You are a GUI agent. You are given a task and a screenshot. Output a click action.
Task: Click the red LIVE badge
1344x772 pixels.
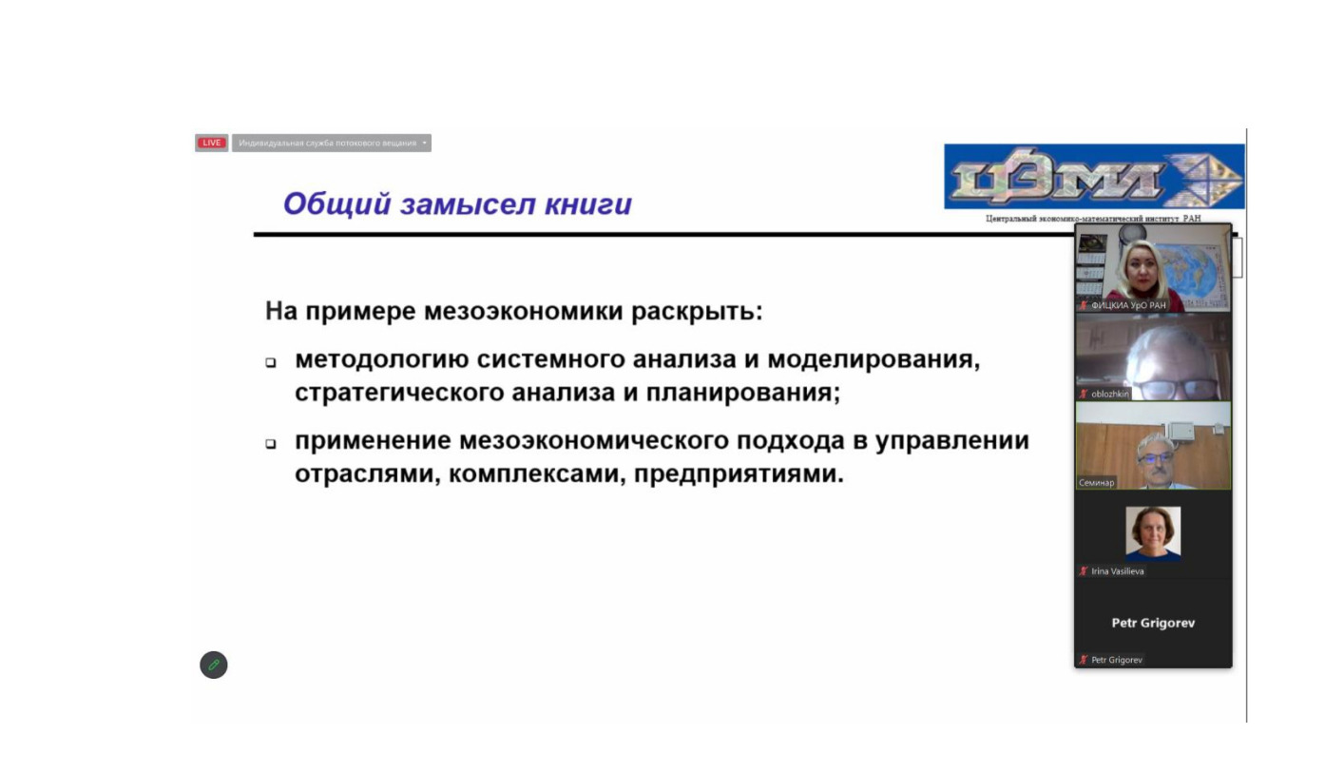tap(211, 143)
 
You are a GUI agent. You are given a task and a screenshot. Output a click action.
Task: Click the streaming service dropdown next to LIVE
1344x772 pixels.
tap(331, 143)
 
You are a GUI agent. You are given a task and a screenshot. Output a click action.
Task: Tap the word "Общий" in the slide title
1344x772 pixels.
tap(337, 204)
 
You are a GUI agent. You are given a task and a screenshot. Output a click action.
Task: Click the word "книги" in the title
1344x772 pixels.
tap(588, 204)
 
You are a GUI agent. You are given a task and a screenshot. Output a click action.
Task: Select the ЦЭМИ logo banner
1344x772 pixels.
tap(1094, 177)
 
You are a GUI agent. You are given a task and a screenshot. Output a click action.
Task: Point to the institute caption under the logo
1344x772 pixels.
tap(1093, 219)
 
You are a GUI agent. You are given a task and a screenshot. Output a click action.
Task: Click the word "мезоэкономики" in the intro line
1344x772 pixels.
tap(523, 312)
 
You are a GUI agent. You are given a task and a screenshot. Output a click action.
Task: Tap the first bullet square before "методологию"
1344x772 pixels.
tap(271, 362)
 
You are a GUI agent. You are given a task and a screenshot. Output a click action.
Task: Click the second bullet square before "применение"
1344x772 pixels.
tap(271, 444)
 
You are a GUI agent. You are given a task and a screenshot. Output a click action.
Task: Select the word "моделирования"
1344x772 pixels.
tap(873, 360)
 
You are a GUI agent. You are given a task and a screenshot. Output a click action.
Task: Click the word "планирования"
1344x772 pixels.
tap(742, 394)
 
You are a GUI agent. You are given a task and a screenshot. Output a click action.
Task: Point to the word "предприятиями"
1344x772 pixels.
tap(739, 474)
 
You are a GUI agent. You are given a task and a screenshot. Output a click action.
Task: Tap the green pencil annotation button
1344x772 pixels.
tap(214, 665)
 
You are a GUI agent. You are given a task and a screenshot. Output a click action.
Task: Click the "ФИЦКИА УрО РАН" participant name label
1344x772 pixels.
tap(1128, 305)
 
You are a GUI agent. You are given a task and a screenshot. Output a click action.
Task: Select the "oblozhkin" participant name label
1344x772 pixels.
tap(1109, 394)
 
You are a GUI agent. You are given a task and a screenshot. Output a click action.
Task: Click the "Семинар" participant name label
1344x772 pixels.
tap(1096, 483)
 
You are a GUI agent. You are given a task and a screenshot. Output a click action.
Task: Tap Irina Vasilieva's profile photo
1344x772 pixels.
tap(1153, 533)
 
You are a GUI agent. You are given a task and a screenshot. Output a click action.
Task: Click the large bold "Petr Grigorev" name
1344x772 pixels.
tap(1153, 623)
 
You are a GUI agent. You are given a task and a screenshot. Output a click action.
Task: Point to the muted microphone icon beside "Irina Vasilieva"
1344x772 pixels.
tap(1083, 570)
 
